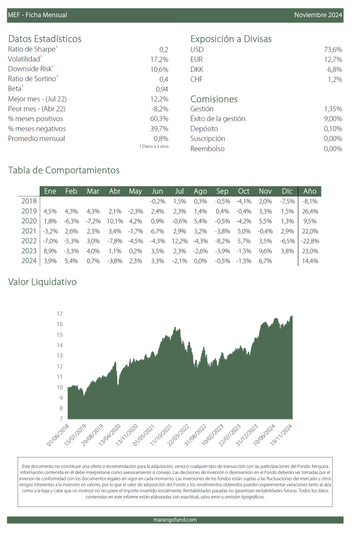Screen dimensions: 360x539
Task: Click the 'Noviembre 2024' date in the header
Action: pyautogui.click(x=318, y=15)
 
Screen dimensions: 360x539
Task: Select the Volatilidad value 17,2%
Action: pyautogui.click(x=160, y=59)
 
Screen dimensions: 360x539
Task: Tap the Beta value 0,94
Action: pyautogui.click(x=162, y=89)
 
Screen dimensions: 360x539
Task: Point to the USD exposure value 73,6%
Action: pyautogui.click(x=333, y=49)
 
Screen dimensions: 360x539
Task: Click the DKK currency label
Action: pyautogui.click(x=197, y=69)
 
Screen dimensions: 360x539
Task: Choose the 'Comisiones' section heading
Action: pyautogui.click(x=214, y=99)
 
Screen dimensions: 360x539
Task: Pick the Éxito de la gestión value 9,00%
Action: pyautogui.click(x=333, y=119)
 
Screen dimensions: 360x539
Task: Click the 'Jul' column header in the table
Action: pyautogui.click(x=179, y=191)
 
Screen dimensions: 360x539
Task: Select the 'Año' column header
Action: pyautogui.click(x=310, y=191)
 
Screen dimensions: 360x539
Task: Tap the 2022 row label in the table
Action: pyautogui.click(x=29, y=241)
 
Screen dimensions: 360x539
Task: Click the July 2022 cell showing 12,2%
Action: pyautogui.click(x=180, y=241)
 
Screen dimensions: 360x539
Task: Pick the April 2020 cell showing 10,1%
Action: pyautogui.click(x=115, y=221)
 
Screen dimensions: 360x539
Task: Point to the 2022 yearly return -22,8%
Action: pyautogui.click(x=310, y=241)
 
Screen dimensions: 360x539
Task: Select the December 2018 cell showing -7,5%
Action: pyautogui.click(x=287, y=201)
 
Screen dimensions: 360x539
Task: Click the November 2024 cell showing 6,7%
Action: pyautogui.click(x=265, y=261)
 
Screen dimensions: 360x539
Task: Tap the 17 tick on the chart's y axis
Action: pyautogui.click(x=60, y=314)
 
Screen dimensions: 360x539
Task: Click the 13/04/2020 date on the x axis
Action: pyautogui.click(x=110, y=435)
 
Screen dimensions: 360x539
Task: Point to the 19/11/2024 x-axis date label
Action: pyautogui.click(x=281, y=435)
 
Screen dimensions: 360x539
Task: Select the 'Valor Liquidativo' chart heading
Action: pyautogui.click(x=42, y=282)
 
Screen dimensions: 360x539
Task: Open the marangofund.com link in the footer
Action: pyautogui.click(x=175, y=520)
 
